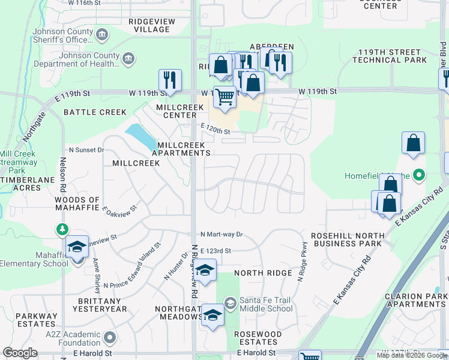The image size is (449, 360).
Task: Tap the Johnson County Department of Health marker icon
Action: [128, 58]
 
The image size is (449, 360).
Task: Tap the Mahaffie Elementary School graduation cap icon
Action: [77, 248]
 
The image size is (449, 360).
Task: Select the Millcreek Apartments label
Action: [181, 149]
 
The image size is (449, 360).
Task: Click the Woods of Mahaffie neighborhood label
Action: [77, 204]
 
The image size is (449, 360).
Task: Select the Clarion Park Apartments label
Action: [415, 300]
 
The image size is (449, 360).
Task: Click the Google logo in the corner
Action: [20, 353]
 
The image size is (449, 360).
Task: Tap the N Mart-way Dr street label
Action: [221, 234]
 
